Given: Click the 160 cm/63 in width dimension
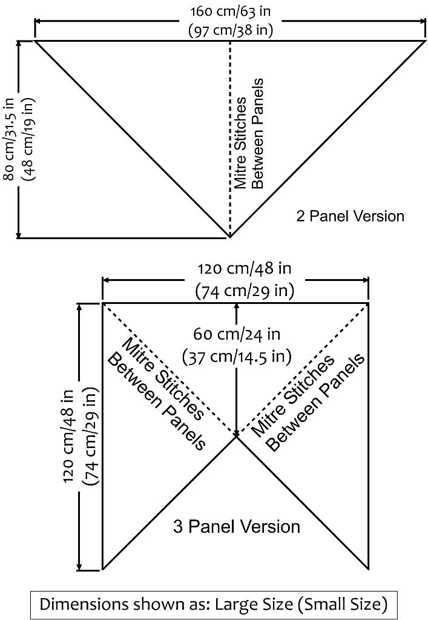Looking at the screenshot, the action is coord(231,11).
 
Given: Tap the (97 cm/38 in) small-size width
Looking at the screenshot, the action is coord(231,30).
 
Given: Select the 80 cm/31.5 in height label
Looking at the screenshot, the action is coord(9,139).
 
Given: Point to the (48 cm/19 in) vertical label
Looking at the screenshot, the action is coord(28,139).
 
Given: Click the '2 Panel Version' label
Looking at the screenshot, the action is coord(350,216).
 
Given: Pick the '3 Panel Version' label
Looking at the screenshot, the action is coord(236,527).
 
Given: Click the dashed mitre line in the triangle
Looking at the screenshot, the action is coord(230,139).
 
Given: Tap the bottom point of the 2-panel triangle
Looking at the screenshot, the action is coord(229,237).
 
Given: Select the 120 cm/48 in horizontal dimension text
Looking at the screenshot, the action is coord(245,269).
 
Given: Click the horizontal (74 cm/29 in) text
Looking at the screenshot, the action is coord(245,291).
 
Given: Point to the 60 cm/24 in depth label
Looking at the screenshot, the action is coord(237,334).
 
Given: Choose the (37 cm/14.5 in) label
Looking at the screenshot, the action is coord(237,356).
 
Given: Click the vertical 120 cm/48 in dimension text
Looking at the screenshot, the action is coord(68,436).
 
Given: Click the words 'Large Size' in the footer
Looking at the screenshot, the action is coord(254,604).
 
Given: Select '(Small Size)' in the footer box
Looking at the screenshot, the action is coord(342,604).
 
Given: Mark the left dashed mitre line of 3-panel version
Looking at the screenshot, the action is coord(170,370).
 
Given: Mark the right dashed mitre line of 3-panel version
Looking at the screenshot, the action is coord(303,370).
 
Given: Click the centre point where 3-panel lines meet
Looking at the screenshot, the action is coord(237,437).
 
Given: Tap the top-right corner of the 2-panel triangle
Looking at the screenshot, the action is coord(426,41).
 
